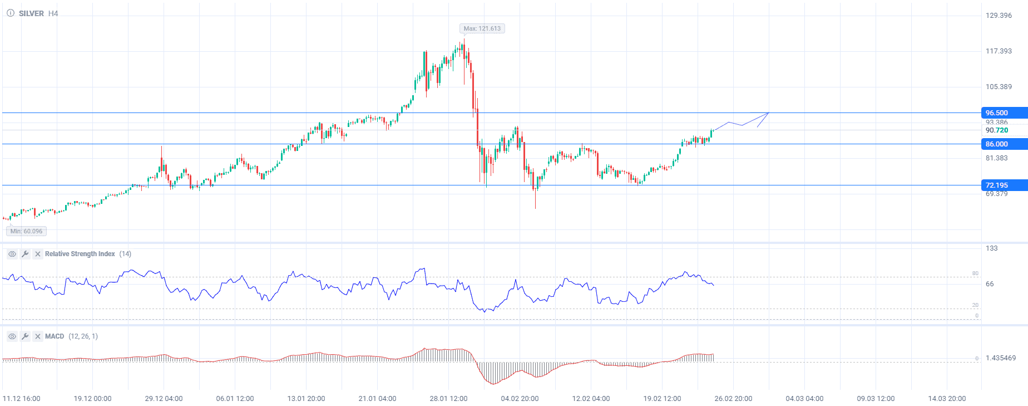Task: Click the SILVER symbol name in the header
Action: click(x=31, y=13)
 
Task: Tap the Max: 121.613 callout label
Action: click(x=482, y=28)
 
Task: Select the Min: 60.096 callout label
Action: click(x=26, y=231)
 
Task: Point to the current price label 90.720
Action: click(x=996, y=130)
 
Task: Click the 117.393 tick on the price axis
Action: click(x=999, y=51)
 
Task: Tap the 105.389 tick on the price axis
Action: click(x=999, y=87)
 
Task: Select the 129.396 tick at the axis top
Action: click(x=999, y=16)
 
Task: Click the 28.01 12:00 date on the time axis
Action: click(x=448, y=399)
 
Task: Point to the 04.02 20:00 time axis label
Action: click(x=520, y=399)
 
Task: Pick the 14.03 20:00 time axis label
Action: click(x=947, y=399)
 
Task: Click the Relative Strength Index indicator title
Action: click(x=80, y=254)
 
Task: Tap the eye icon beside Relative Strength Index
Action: click(x=12, y=254)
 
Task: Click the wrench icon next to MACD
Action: click(x=25, y=336)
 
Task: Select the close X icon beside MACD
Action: click(x=37, y=336)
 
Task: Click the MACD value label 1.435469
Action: click(x=1000, y=358)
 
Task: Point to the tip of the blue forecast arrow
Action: click(x=769, y=113)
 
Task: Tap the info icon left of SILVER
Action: click(x=11, y=13)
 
